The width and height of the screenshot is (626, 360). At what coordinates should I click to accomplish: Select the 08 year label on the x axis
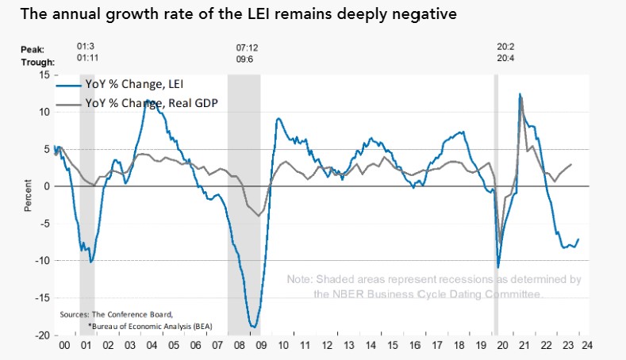235,346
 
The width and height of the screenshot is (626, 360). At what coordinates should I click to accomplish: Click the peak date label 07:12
248,48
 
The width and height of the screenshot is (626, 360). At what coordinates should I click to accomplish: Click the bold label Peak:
34,49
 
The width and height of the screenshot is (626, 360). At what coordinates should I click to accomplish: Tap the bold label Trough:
38,62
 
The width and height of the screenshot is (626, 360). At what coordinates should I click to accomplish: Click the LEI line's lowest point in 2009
253,326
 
